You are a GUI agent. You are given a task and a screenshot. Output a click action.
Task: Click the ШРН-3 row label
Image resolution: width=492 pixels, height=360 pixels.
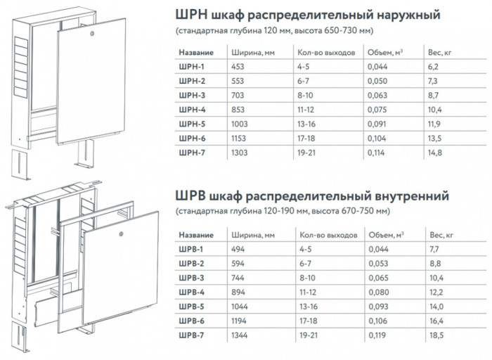point(192,96)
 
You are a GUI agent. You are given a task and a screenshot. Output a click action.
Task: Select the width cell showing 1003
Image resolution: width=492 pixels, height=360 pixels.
point(240,124)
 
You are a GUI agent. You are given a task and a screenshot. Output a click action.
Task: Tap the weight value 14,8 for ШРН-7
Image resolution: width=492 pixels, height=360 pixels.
point(435,153)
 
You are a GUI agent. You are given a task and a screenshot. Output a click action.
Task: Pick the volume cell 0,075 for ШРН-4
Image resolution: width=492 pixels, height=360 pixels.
point(377,110)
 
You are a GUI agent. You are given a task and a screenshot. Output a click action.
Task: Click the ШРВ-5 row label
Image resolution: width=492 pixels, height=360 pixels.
point(191,307)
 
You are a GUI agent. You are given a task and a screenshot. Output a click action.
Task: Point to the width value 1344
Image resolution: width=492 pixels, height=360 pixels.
point(240,335)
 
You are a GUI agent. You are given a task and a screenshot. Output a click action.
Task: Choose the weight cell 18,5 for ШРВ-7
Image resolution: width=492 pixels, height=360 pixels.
point(436,335)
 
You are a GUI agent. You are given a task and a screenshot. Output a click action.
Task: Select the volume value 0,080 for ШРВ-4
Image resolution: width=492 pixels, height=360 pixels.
point(379,292)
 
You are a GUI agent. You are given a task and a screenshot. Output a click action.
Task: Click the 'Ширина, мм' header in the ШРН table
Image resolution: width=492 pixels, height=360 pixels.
point(253,53)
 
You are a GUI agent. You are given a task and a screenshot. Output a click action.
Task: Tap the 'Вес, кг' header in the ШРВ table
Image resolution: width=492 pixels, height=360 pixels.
point(441,235)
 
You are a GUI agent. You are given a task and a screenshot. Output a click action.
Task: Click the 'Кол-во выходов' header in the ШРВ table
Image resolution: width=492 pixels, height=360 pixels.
point(328,235)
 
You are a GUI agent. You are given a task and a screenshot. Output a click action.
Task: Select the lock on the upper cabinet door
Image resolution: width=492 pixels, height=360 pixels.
point(91,33)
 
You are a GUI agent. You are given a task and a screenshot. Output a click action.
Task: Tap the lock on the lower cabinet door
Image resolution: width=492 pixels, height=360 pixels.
point(122,234)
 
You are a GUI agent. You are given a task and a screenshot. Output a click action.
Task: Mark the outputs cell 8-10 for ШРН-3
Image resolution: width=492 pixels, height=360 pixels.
point(305,96)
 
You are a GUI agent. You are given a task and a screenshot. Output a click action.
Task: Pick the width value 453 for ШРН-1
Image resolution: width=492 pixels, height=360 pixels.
point(238,67)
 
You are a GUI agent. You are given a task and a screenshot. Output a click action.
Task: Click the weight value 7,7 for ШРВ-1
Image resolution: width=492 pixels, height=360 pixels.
point(434,249)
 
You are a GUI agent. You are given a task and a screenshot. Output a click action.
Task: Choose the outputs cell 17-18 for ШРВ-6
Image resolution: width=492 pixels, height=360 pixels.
point(309,321)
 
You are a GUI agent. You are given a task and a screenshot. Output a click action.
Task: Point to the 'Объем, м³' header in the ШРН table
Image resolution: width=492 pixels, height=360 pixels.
point(385,53)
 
